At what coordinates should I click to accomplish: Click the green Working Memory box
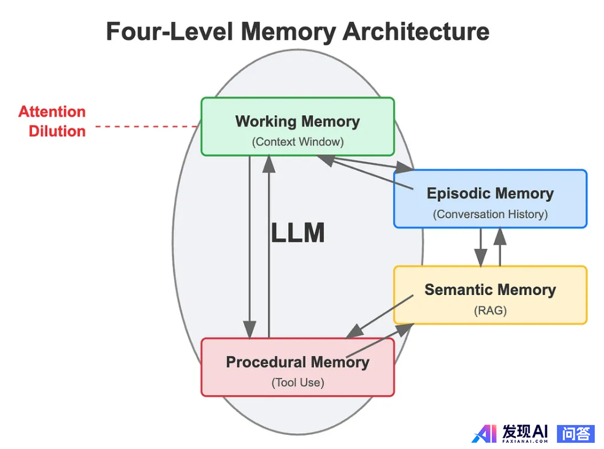click(297, 126)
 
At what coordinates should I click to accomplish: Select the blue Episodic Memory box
click(490, 199)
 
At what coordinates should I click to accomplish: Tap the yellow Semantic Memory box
click(490, 295)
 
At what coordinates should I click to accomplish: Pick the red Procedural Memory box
click(297, 367)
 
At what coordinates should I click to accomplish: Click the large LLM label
click(297, 233)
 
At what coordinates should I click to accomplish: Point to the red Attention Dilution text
click(53, 121)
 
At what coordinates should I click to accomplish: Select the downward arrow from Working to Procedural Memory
click(250, 245)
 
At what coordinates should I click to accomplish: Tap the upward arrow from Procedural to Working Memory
click(269, 245)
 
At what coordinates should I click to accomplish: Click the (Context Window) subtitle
click(297, 142)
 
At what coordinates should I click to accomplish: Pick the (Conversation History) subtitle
click(490, 215)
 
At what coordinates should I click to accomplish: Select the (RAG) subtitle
click(490, 310)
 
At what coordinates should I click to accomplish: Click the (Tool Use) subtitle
click(297, 383)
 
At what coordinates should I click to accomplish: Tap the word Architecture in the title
click(416, 31)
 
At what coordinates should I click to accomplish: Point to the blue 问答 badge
click(576, 433)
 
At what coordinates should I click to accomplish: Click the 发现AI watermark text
click(524, 432)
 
